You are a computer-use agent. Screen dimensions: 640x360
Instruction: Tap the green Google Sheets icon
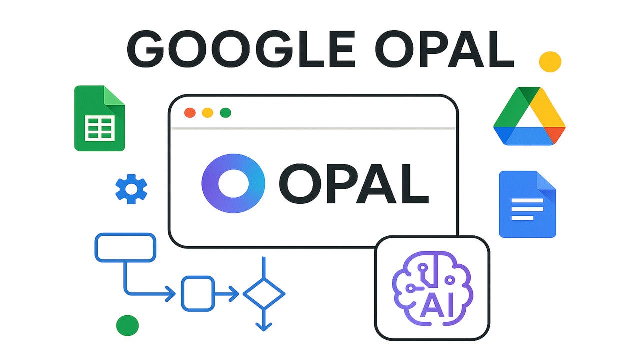99,118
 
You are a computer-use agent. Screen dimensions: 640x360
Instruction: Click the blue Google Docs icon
527,204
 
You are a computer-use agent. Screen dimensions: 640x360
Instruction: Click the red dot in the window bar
190,113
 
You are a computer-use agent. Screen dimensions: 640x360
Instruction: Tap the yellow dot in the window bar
207,113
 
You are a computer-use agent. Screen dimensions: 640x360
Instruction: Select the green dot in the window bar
225,113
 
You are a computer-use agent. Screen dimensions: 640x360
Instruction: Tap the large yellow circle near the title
550,61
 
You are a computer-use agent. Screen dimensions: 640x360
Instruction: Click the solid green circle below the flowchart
127,325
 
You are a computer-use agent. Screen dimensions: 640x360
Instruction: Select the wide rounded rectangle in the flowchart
125,247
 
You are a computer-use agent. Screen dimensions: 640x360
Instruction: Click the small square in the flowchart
197,293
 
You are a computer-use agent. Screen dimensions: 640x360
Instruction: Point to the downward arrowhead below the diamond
264,326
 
